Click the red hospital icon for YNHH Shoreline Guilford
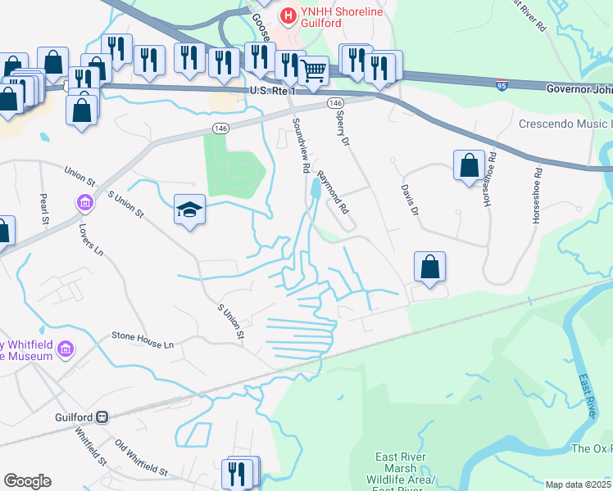pyautogui.click(x=288, y=16)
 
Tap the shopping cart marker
pyautogui.click(x=314, y=71)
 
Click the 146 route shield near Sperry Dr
pyautogui.click(x=334, y=103)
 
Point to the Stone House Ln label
pyautogui.click(x=143, y=340)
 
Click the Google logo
pyautogui.click(x=27, y=481)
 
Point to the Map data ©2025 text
pyautogui.click(x=578, y=484)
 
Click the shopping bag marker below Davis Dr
pyautogui.click(x=430, y=267)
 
